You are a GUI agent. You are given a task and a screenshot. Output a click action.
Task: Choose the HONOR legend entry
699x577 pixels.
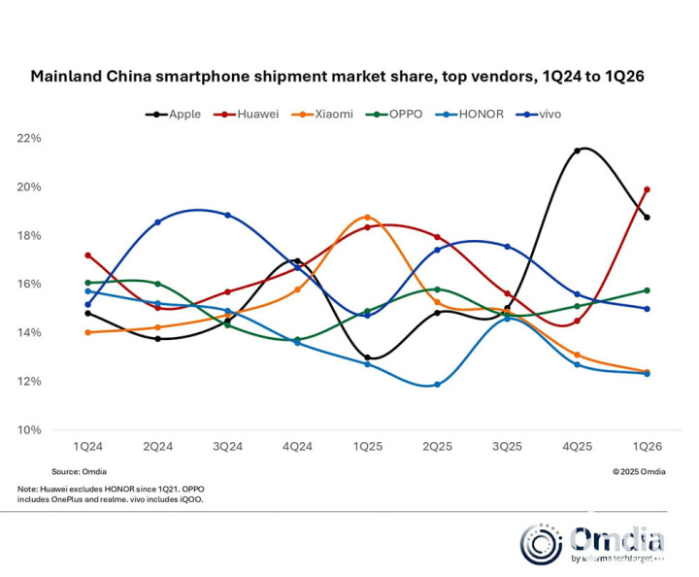point(472,114)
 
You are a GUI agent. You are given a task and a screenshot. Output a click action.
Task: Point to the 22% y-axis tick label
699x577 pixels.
point(29,139)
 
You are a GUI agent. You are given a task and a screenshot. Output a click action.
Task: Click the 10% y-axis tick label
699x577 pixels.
point(29,429)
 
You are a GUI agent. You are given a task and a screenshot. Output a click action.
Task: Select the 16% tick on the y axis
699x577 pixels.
point(29,284)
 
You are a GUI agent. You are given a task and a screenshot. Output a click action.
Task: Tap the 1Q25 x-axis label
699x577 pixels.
point(367,445)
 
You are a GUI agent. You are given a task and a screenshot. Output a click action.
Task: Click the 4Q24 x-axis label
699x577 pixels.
point(297,445)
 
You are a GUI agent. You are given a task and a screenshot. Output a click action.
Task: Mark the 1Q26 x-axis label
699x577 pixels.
point(647,445)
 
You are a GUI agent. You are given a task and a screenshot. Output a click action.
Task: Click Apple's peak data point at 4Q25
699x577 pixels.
point(577,151)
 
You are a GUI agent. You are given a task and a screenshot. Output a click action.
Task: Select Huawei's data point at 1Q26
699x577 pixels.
point(647,189)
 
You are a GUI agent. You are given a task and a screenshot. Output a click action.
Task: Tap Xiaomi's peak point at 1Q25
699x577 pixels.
point(367,217)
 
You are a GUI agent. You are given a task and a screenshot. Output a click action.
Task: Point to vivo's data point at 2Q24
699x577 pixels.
point(157,222)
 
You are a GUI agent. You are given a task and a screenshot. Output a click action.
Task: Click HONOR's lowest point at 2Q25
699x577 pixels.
point(437,385)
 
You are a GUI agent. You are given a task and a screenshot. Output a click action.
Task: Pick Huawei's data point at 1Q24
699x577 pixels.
point(88,255)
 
